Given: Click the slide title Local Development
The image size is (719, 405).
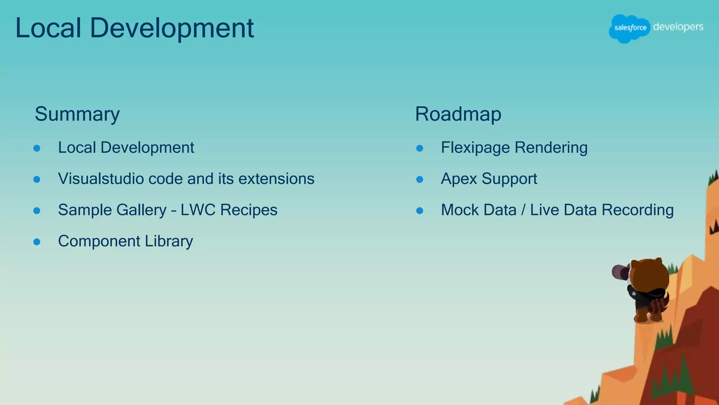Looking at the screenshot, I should click(x=134, y=28).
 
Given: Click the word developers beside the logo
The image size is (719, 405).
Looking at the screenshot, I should click(x=678, y=27).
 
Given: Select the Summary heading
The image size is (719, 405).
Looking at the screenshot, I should click(x=77, y=114).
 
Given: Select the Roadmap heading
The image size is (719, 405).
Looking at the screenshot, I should click(x=458, y=114).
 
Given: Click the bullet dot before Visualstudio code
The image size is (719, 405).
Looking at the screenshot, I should click(x=37, y=180).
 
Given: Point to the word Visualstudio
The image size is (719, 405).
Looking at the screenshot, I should click(x=100, y=179).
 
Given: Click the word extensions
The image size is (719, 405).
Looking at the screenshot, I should click(x=276, y=179).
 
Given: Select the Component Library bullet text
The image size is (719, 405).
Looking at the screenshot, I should click(x=125, y=242).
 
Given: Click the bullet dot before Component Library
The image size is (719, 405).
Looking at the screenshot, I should click(x=37, y=242).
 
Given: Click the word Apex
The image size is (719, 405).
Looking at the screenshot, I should click(x=459, y=179).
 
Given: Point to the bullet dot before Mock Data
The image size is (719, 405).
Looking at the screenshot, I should click(x=420, y=211).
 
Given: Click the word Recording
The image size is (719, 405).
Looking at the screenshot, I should click(x=638, y=210).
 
